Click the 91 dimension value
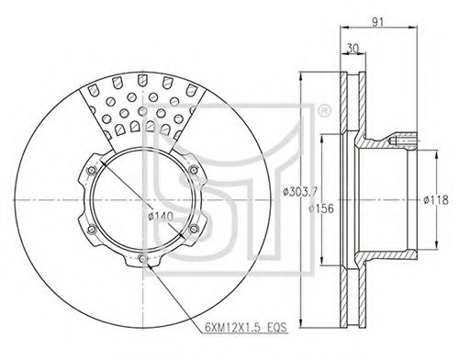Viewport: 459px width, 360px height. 377,22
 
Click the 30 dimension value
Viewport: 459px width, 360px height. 353,49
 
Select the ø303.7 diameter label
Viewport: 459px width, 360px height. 299,192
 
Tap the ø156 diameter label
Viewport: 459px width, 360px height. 321,208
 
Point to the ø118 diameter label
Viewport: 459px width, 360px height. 436,200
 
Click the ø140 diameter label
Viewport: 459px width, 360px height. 161,217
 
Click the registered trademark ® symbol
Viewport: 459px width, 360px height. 324,110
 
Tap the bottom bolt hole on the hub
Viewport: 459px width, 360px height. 143,259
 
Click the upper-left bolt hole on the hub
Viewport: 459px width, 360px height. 92,170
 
